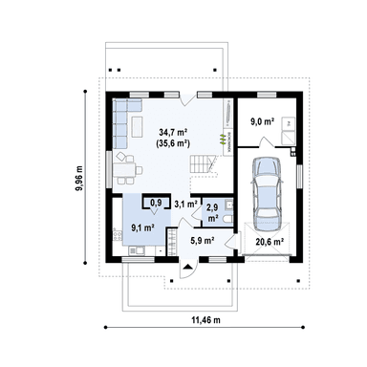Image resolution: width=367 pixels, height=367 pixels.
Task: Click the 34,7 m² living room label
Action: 173,132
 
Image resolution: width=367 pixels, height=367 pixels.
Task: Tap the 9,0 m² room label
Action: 263,121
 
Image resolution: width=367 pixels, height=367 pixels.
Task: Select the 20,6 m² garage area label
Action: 270,242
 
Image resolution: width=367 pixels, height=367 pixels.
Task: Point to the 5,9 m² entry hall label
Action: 202,241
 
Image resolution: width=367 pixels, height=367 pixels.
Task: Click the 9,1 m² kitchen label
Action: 143,227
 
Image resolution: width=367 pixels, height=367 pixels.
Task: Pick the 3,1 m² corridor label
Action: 185,205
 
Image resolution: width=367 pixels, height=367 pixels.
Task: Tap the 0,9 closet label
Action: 156,202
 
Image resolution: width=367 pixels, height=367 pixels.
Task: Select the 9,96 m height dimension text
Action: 78,179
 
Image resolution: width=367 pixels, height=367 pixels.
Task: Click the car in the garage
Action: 267,193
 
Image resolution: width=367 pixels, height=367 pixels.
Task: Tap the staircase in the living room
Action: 202,163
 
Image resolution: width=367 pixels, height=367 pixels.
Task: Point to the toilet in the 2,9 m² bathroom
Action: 228,219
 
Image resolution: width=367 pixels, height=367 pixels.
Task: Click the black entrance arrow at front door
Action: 188,266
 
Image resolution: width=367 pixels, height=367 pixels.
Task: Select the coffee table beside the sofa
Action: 138,126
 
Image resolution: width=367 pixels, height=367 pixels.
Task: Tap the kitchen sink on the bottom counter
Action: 137,251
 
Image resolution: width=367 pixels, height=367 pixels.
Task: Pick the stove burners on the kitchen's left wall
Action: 118,236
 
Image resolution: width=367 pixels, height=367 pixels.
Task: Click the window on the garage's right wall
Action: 299,176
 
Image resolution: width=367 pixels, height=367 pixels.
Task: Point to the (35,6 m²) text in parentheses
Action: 173,143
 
